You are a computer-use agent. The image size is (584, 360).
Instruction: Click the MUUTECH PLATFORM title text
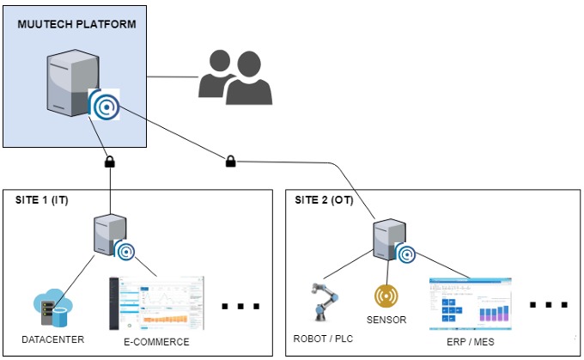click(x=76, y=23)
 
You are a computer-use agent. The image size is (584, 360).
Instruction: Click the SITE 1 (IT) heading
click(x=42, y=200)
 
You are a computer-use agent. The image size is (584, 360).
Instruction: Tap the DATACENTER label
click(x=53, y=339)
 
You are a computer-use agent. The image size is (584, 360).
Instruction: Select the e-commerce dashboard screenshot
click(x=156, y=302)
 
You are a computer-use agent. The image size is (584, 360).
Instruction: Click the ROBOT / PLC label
click(x=323, y=338)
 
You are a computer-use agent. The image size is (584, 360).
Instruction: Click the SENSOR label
click(x=386, y=320)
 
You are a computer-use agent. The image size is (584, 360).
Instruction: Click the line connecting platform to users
click(x=172, y=77)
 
